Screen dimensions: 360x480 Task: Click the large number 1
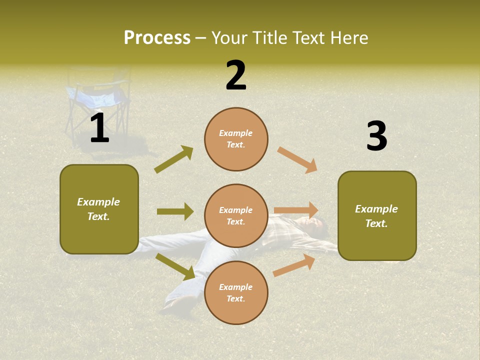click(x=99, y=129)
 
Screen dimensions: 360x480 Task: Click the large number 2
click(x=236, y=76)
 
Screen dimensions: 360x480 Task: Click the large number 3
click(x=376, y=136)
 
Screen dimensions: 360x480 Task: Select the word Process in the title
click(x=157, y=37)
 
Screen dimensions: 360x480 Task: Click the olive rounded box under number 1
click(x=99, y=209)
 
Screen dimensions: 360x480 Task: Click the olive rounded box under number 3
click(x=377, y=215)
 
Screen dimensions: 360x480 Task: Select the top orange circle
click(x=236, y=139)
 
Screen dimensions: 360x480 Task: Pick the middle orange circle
click(x=236, y=215)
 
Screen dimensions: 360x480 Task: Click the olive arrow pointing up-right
click(x=174, y=159)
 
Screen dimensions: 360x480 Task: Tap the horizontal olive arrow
click(x=175, y=211)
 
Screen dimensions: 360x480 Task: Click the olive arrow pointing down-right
click(x=175, y=266)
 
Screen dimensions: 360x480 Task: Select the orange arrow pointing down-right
click(x=297, y=160)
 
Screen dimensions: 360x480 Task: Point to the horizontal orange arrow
click(x=296, y=210)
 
